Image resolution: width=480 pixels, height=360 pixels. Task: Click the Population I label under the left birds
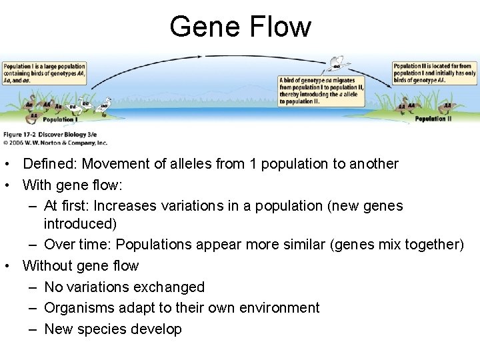pyautogui.click(x=59, y=121)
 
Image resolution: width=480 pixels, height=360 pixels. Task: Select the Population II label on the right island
pyautogui.click(x=433, y=119)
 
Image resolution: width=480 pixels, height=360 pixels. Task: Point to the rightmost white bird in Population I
pyautogui.click(x=105, y=105)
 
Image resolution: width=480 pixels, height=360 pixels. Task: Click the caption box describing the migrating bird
pyautogui.click(x=321, y=90)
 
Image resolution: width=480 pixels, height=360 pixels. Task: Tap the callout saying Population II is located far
pyautogui.click(x=434, y=74)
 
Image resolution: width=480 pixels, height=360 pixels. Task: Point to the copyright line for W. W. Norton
pyautogui.click(x=55, y=143)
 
